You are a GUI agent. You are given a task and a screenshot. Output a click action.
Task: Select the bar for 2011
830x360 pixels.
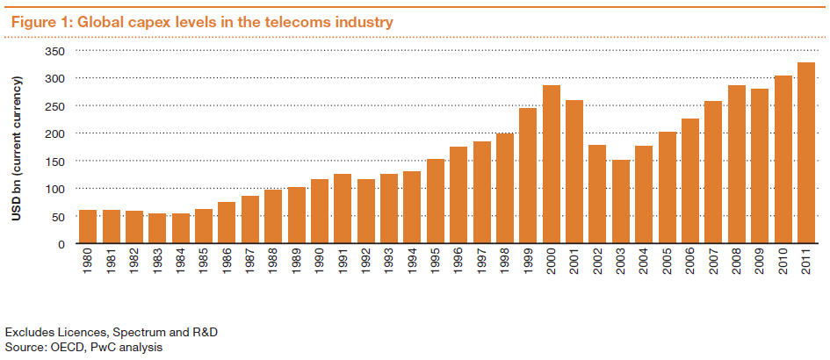pos(805,153)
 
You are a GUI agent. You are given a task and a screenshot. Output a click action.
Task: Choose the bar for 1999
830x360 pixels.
pos(528,176)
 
